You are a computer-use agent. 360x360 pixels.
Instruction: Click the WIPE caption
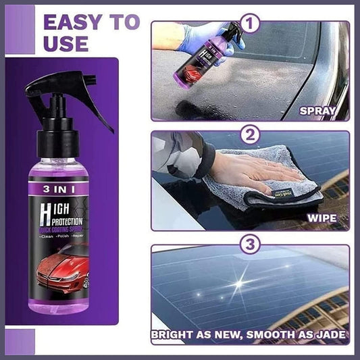pyautogui.click(x=326, y=218)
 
